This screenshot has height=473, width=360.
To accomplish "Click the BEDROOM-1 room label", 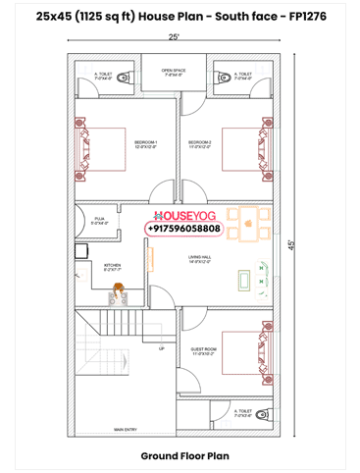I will pos(145,144).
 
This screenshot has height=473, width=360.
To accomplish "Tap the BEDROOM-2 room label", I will pos(200,144).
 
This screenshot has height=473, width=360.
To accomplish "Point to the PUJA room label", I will pos(99,222).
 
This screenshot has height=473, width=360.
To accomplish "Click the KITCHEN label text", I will pos(113,266).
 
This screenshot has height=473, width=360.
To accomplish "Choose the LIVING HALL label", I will pos(200,259).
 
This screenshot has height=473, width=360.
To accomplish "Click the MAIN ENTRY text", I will pos(125,429).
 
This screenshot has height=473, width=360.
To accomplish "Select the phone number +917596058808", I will pos(183,229).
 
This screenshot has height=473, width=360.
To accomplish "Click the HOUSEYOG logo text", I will pos(183,214).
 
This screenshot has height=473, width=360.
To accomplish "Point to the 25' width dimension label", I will pos(174,36).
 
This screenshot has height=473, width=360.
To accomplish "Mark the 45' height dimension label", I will pos(291,245).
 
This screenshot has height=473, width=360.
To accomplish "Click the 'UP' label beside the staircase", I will pos(160,347).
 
